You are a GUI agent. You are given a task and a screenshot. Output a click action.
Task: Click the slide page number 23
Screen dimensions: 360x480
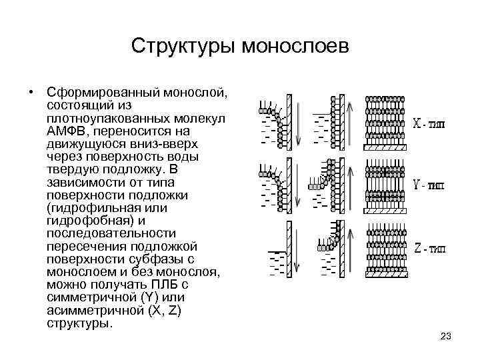coord(446,336)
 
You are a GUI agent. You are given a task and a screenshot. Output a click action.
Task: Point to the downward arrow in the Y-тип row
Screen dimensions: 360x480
coord(298,183)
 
